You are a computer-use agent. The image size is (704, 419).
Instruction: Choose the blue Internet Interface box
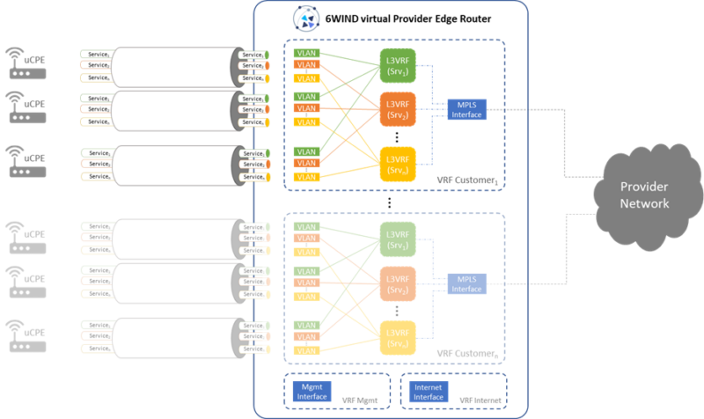tap(430, 391)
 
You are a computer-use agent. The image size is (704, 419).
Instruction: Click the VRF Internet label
tap(481, 401)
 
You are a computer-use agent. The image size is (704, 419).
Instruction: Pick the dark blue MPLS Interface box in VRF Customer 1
tap(466, 110)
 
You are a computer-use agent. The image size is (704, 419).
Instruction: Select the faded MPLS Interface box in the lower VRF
tap(466, 283)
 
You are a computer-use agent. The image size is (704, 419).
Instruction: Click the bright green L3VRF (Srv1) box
tap(397, 66)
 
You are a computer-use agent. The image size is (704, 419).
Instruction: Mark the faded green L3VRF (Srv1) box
tap(397, 239)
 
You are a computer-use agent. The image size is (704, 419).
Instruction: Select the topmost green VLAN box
tap(307, 54)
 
